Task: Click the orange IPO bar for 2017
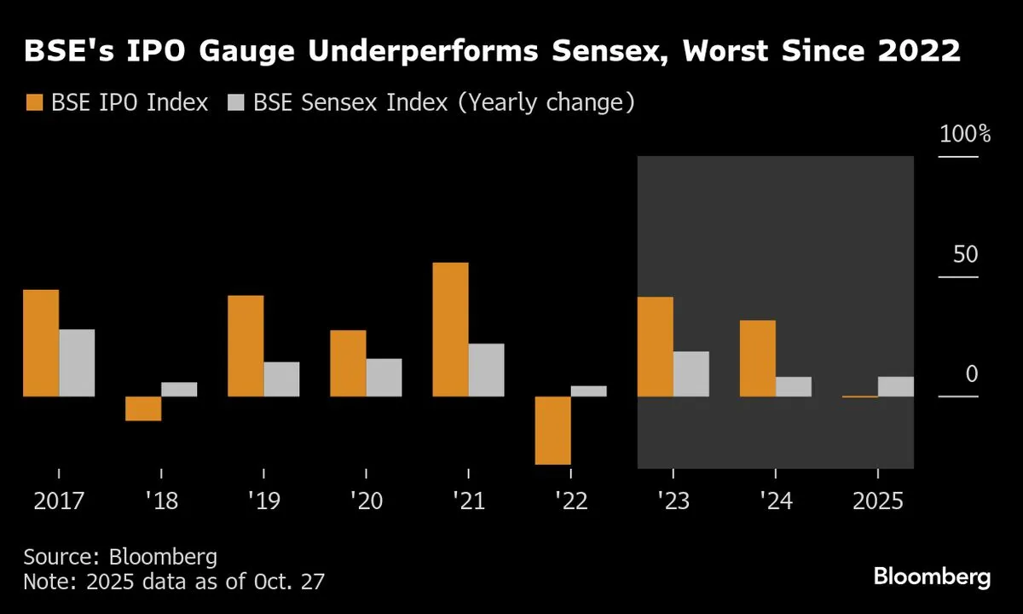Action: point(41,343)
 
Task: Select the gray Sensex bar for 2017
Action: point(77,362)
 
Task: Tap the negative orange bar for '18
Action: point(143,408)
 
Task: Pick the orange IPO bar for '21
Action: point(450,329)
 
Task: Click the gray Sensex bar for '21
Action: point(486,370)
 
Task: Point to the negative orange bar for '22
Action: point(552,430)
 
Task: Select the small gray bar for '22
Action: point(588,391)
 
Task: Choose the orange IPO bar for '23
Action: point(655,346)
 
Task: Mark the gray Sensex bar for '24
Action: point(793,386)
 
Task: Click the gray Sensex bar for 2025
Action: point(895,386)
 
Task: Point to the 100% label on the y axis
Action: point(964,134)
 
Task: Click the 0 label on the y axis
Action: point(972,374)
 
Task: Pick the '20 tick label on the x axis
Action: point(366,501)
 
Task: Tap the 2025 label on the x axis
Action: point(878,501)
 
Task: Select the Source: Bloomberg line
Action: point(119,558)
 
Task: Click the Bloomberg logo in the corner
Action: point(932,576)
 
